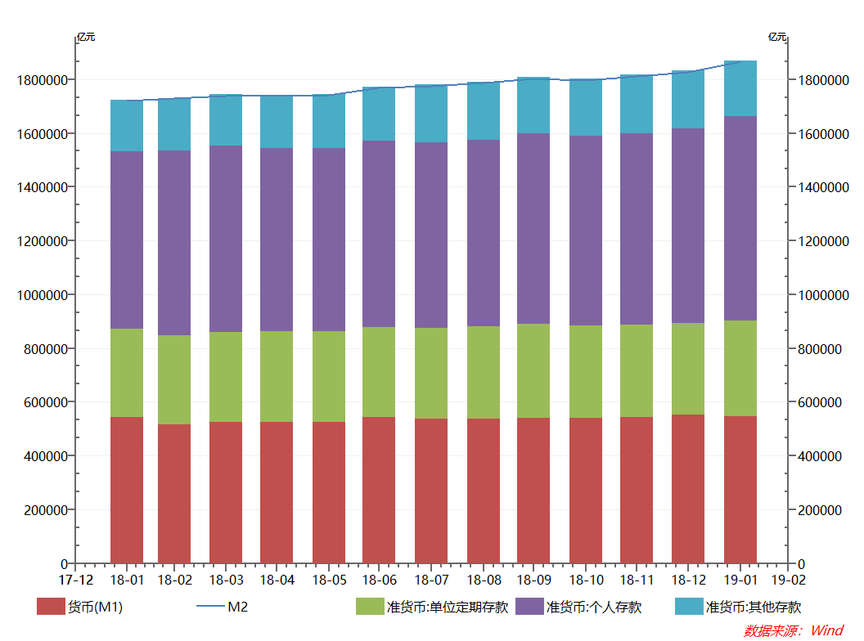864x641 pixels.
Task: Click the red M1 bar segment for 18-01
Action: [127, 490]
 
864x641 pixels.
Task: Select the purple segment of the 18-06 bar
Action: [379, 234]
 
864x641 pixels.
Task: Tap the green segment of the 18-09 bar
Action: [533, 370]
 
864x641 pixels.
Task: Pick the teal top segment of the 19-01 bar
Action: [740, 88]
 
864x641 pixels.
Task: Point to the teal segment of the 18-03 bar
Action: [226, 120]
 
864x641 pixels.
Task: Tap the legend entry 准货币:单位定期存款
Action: [433, 607]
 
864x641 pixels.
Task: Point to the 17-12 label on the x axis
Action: [75, 580]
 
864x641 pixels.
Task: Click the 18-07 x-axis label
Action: [431, 580]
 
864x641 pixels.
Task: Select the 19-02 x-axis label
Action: [789, 580]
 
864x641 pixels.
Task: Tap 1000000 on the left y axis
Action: [41, 295]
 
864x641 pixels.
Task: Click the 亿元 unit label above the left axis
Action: [86, 37]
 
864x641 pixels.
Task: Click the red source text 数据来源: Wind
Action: [793, 630]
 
